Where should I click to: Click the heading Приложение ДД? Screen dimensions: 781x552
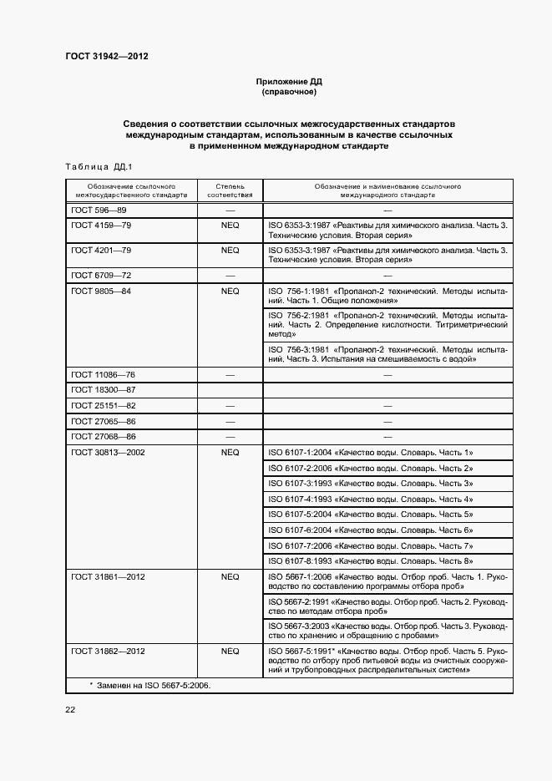point(288,82)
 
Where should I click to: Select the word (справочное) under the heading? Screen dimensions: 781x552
point(288,92)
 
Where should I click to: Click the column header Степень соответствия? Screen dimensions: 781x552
point(230,190)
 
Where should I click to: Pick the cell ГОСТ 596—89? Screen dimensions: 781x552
point(99,210)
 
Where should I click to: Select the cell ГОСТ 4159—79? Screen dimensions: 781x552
point(101,226)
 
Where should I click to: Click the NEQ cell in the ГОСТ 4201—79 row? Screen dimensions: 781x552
point(230,250)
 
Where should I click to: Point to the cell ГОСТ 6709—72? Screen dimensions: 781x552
point(101,275)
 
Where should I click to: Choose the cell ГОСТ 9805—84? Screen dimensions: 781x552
point(101,291)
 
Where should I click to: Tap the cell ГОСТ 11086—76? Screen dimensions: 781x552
point(103,374)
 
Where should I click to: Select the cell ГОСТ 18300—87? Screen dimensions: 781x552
point(103,389)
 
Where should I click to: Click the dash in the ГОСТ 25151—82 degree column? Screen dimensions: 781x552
point(230,405)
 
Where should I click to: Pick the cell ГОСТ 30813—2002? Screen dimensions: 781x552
point(106,452)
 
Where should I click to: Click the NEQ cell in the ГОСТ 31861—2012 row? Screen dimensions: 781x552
point(230,576)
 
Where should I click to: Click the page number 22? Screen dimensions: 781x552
point(70,709)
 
